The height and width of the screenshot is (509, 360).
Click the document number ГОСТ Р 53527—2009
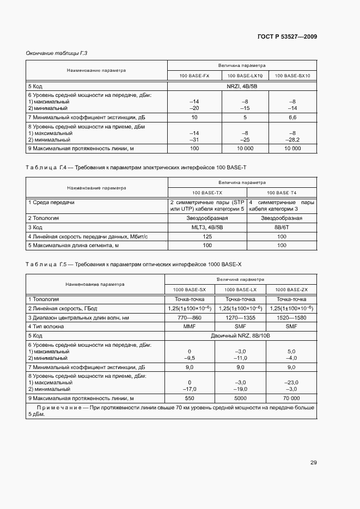coord(287,36)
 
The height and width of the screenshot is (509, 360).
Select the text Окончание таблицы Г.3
coord(57,53)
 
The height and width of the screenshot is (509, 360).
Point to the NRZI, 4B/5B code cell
coord(241,86)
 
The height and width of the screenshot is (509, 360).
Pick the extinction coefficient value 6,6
coord(292,117)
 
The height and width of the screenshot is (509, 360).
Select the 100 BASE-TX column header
coord(207,193)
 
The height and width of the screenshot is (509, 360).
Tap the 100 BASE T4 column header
coord(282,193)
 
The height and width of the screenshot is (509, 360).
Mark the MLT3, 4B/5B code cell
coord(207,227)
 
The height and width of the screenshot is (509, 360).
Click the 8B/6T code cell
coord(282,227)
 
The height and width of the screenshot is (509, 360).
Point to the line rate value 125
coord(207,236)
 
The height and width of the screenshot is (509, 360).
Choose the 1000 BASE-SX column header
coord(190,289)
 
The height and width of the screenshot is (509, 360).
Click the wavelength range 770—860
coord(190,317)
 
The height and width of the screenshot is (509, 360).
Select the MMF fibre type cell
coord(190,327)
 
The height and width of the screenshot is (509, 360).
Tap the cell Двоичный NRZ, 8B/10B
coord(240,336)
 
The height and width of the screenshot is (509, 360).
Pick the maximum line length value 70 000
coord(291,398)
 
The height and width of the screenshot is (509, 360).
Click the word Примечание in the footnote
coord(57,407)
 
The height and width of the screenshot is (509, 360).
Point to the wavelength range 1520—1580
coord(291,317)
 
